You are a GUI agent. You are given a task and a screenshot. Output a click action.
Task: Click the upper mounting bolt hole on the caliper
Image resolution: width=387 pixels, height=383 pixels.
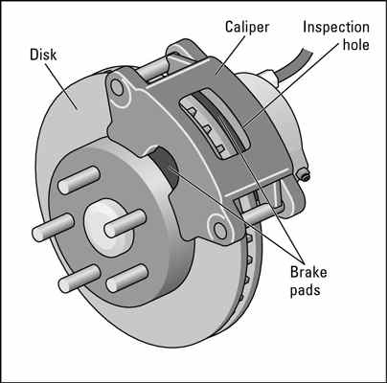(x=116, y=88)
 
